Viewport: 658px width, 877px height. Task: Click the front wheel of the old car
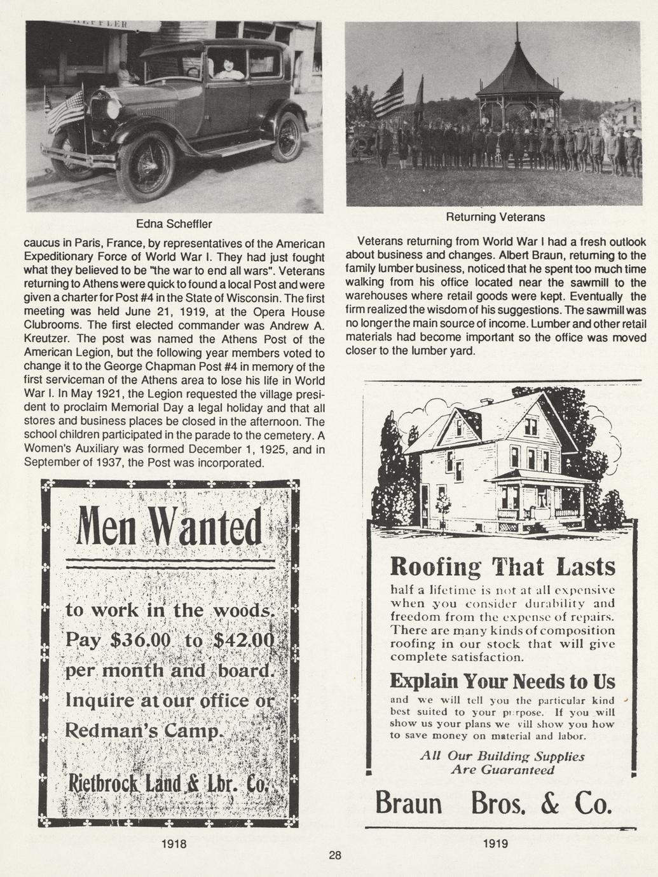[x=146, y=168]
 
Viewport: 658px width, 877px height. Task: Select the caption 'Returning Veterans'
[x=495, y=217]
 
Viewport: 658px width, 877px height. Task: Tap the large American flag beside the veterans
[x=389, y=95]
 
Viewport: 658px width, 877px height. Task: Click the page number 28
[x=335, y=855]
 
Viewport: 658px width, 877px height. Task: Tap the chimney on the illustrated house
[x=487, y=402]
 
